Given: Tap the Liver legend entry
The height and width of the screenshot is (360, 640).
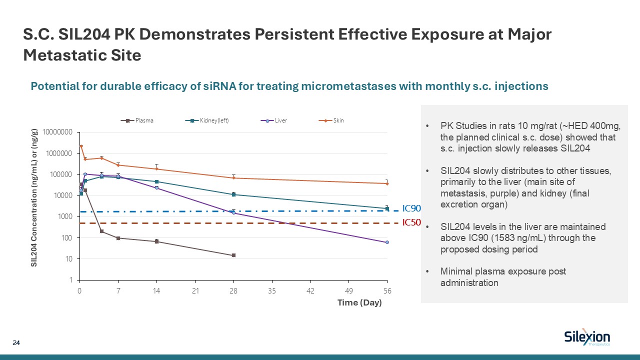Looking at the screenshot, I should (x=276, y=120).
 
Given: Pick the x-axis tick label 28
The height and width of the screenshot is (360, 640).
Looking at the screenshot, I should (x=233, y=290).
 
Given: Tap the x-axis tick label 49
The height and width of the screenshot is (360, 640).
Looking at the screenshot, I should (x=349, y=290).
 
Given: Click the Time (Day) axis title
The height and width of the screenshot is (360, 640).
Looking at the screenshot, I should (x=359, y=302).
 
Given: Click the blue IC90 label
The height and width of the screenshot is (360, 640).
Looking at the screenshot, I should (x=412, y=209).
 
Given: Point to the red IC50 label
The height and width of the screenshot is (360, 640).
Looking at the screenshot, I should (x=412, y=223).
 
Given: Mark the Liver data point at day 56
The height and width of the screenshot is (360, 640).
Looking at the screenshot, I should (x=387, y=242).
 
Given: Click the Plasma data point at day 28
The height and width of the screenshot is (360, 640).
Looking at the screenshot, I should (x=233, y=255).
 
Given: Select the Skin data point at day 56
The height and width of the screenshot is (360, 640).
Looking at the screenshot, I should (x=387, y=183).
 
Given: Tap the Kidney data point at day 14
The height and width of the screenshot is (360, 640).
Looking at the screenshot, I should (x=156, y=181).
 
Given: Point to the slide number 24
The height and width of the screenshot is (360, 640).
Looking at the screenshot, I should (x=16, y=343).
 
